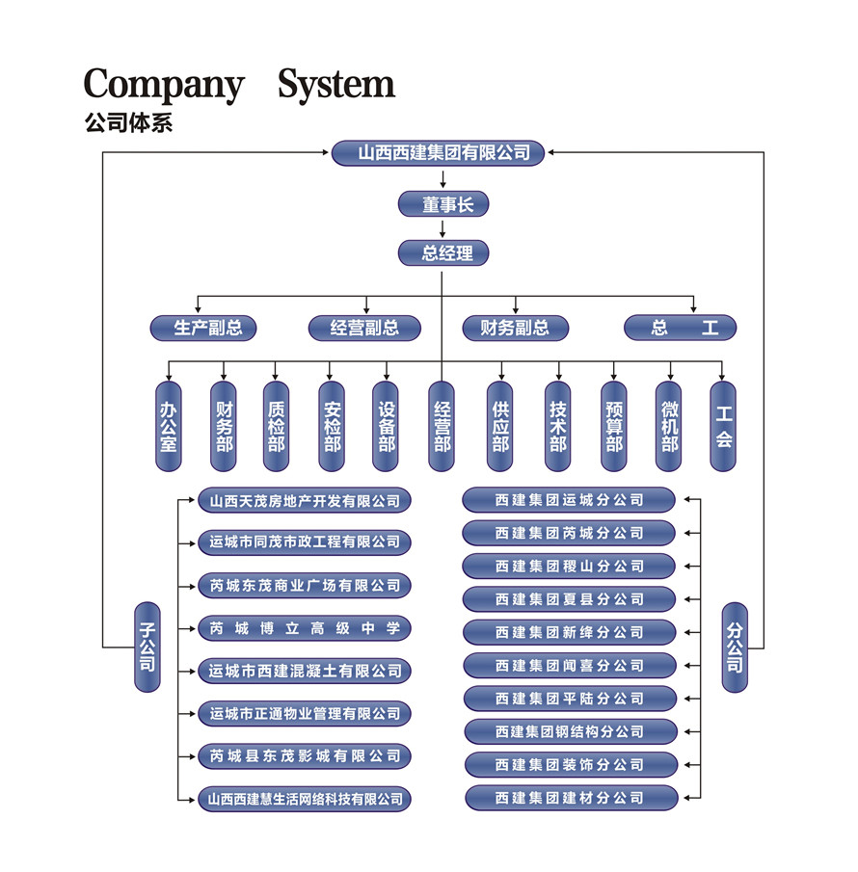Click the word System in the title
[336, 84]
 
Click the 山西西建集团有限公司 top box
[443, 152]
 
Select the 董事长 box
[443, 204]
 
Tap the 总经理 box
[443, 253]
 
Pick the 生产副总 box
[208, 328]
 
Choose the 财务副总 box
[516, 328]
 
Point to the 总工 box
[681, 328]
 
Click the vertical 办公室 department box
[169, 426]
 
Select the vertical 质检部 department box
[277, 426]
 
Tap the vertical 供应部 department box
[500, 426]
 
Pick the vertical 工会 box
[723, 426]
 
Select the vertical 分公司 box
[735, 647]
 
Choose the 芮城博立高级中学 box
[305, 629]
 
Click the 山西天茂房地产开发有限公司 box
[305, 501]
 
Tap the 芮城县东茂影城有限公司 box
[305, 756]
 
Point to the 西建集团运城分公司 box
[570, 500]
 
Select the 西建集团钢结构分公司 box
[570, 731]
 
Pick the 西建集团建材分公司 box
[570, 798]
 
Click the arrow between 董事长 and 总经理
[443, 229]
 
